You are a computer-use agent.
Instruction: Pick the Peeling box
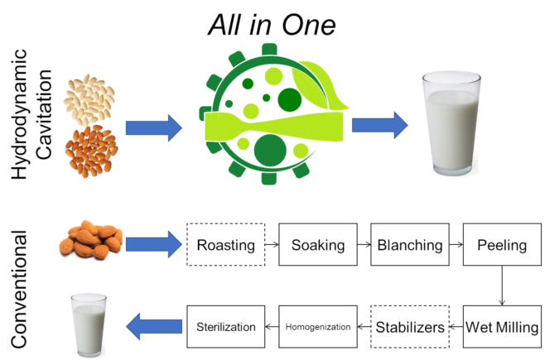pyautogui.click(x=499, y=245)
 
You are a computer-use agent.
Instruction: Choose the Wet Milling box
pyautogui.click(x=499, y=326)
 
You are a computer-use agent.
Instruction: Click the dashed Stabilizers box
pyautogui.click(x=409, y=326)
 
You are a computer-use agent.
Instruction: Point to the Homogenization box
pyautogui.click(x=318, y=326)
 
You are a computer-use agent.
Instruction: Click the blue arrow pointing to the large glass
pyautogui.click(x=379, y=125)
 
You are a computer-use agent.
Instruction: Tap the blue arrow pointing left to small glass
pyautogui.click(x=153, y=325)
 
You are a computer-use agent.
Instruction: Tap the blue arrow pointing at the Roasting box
pyautogui.click(x=153, y=244)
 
